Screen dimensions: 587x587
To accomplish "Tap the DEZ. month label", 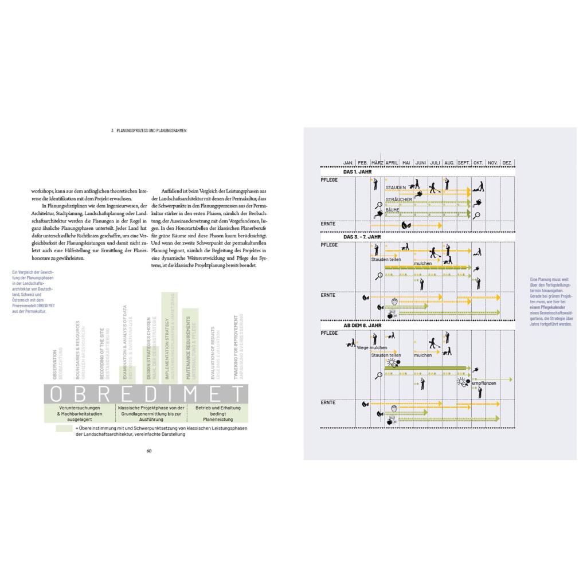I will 507,163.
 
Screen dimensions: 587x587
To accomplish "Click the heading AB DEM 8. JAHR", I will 362,325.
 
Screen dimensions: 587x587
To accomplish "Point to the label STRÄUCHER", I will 398,199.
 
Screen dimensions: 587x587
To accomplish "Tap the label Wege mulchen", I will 371,348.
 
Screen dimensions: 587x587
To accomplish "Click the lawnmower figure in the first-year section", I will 478,186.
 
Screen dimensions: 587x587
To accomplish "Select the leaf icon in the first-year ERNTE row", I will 406,225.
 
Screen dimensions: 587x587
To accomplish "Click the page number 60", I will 148,450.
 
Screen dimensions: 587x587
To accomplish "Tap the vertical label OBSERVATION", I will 55,365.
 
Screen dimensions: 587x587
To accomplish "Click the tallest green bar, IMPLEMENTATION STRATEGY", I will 167,337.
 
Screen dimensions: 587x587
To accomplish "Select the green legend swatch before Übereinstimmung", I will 64,428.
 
